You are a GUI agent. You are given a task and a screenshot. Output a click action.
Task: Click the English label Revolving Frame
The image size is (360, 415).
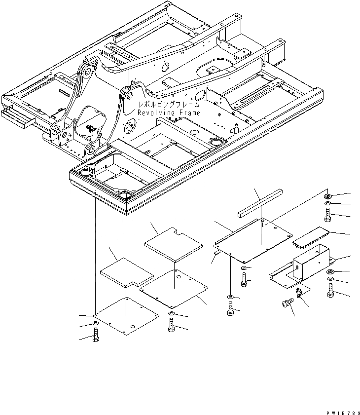(169, 113)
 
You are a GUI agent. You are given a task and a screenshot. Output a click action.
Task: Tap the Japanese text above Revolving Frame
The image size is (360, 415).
(169, 105)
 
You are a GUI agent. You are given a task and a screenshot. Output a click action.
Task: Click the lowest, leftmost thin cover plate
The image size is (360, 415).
(126, 316)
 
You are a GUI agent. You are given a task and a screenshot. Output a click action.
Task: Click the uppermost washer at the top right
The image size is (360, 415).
(329, 195)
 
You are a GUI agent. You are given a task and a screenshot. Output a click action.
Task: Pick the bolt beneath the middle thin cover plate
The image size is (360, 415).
(171, 326)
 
